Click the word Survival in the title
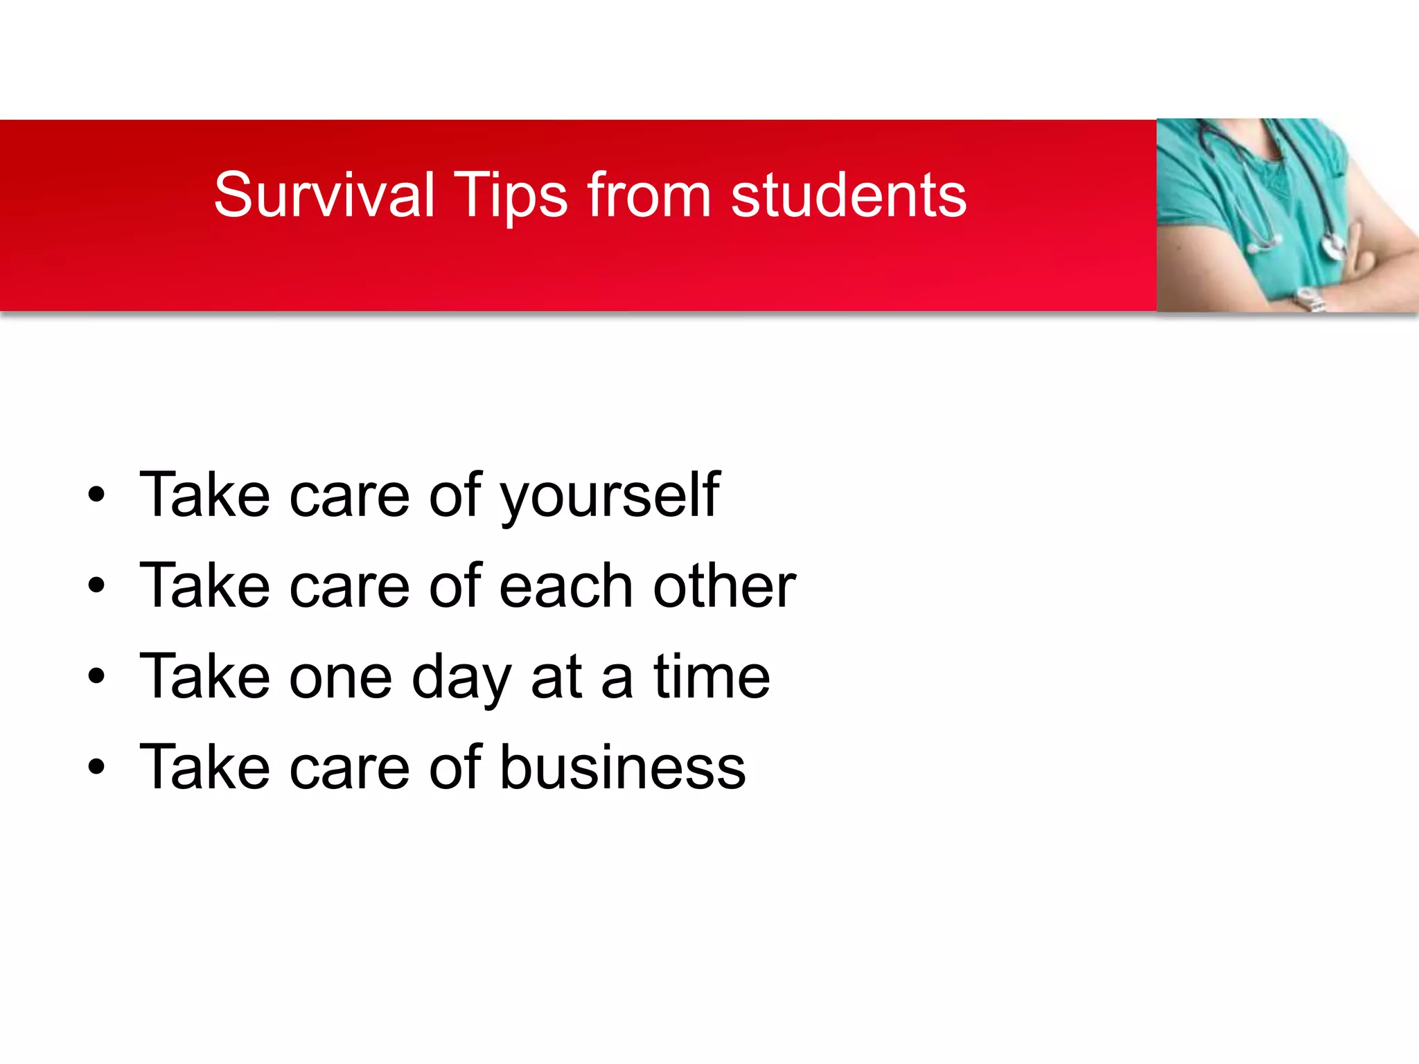click(324, 195)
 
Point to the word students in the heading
click(849, 195)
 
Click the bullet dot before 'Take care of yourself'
click(96, 495)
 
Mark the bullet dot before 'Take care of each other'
click(96, 585)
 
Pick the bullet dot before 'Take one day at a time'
click(96, 676)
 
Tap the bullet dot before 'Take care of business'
click(96, 767)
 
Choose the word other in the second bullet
click(724, 585)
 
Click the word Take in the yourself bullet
click(204, 495)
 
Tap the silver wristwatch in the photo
click(1308, 299)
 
